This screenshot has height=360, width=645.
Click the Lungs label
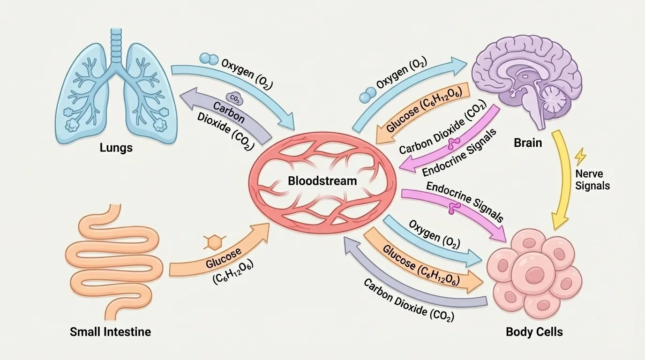point(116,148)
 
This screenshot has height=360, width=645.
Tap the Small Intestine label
point(110,332)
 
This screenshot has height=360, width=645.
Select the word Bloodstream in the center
point(322,180)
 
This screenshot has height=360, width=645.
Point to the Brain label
point(528,142)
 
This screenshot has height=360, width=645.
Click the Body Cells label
point(534,332)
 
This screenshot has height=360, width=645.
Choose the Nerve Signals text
point(592,180)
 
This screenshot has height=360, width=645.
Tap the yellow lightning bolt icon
point(580,156)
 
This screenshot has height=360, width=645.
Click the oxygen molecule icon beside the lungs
point(209,59)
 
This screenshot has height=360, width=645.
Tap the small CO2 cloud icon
point(234,97)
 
